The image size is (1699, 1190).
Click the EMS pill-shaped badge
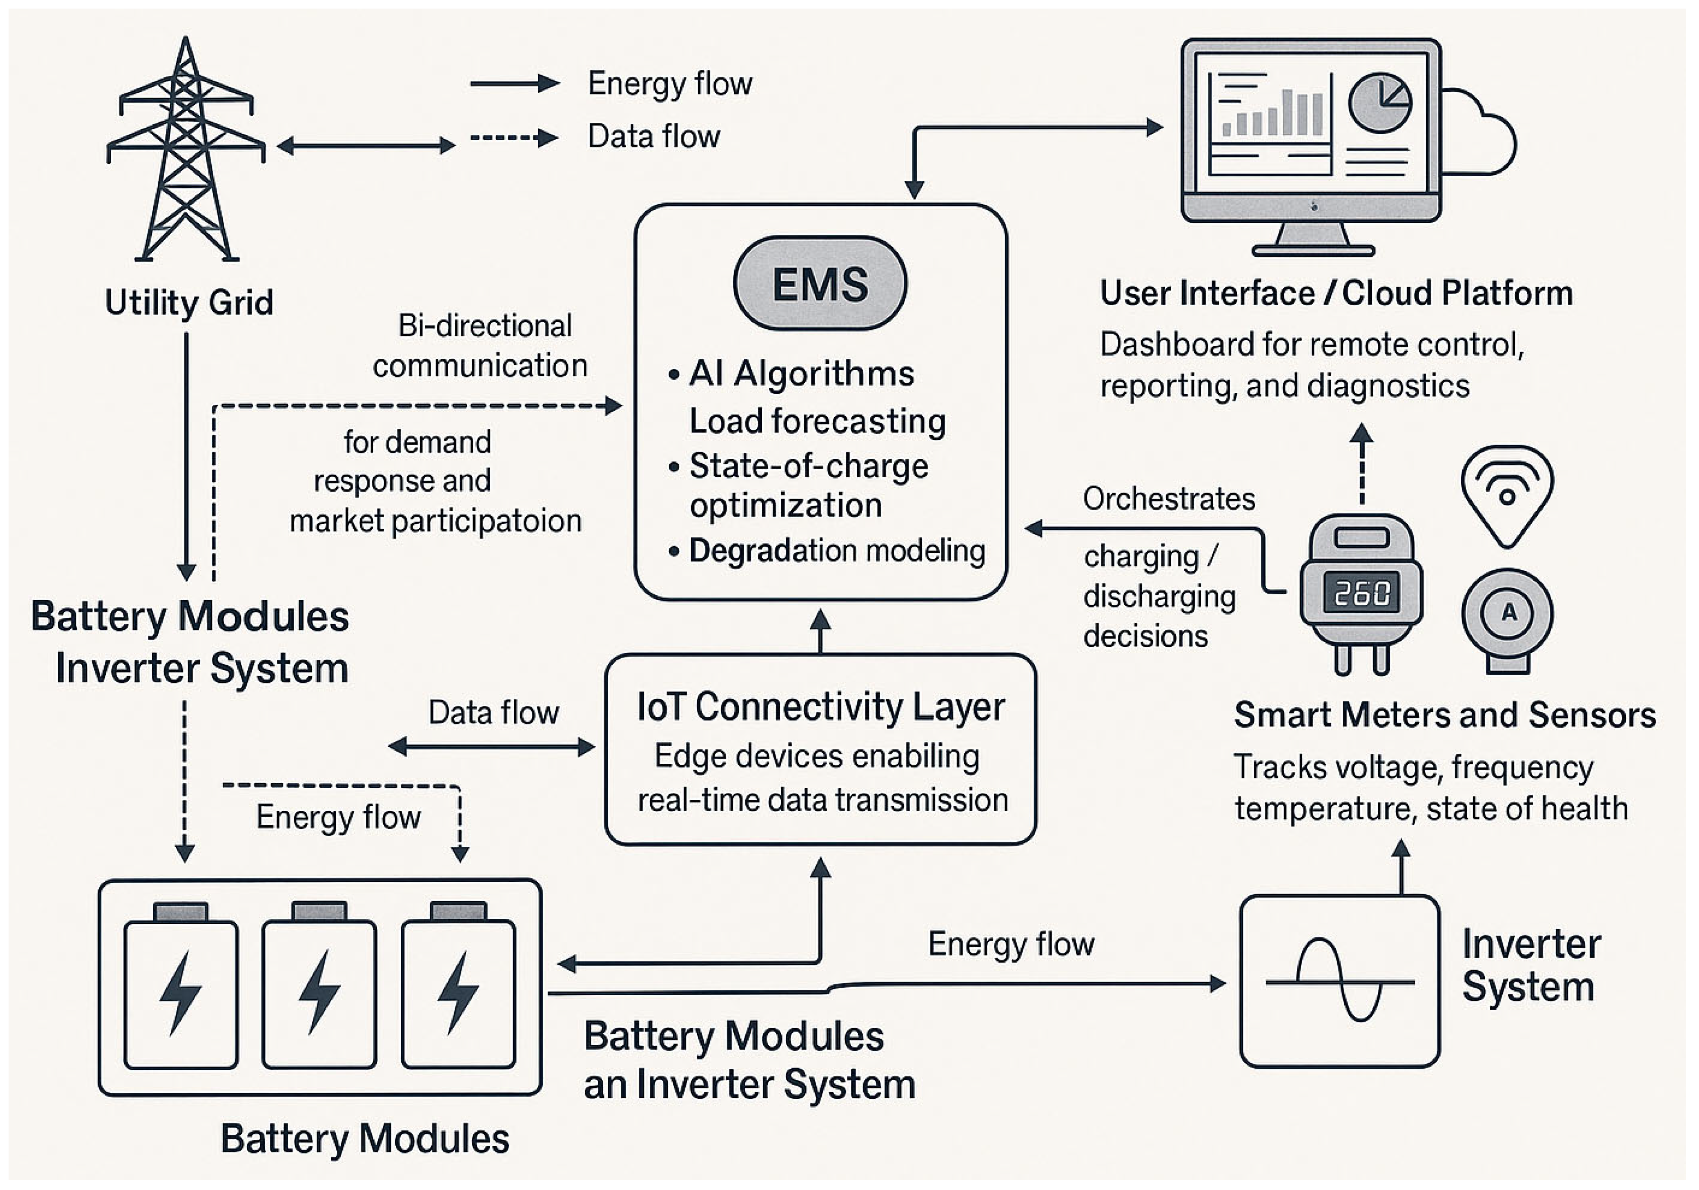coord(820,283)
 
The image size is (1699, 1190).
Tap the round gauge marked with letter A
coord(1507,613)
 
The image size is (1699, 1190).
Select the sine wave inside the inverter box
coord(1339,981)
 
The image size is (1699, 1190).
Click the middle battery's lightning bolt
coord(319,992)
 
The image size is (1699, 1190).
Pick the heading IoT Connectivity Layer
coord(820,707)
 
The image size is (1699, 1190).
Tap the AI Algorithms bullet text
coord(802,374)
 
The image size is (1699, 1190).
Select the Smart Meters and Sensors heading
coord(1444,715)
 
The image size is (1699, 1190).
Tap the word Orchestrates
coord(1169,499)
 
